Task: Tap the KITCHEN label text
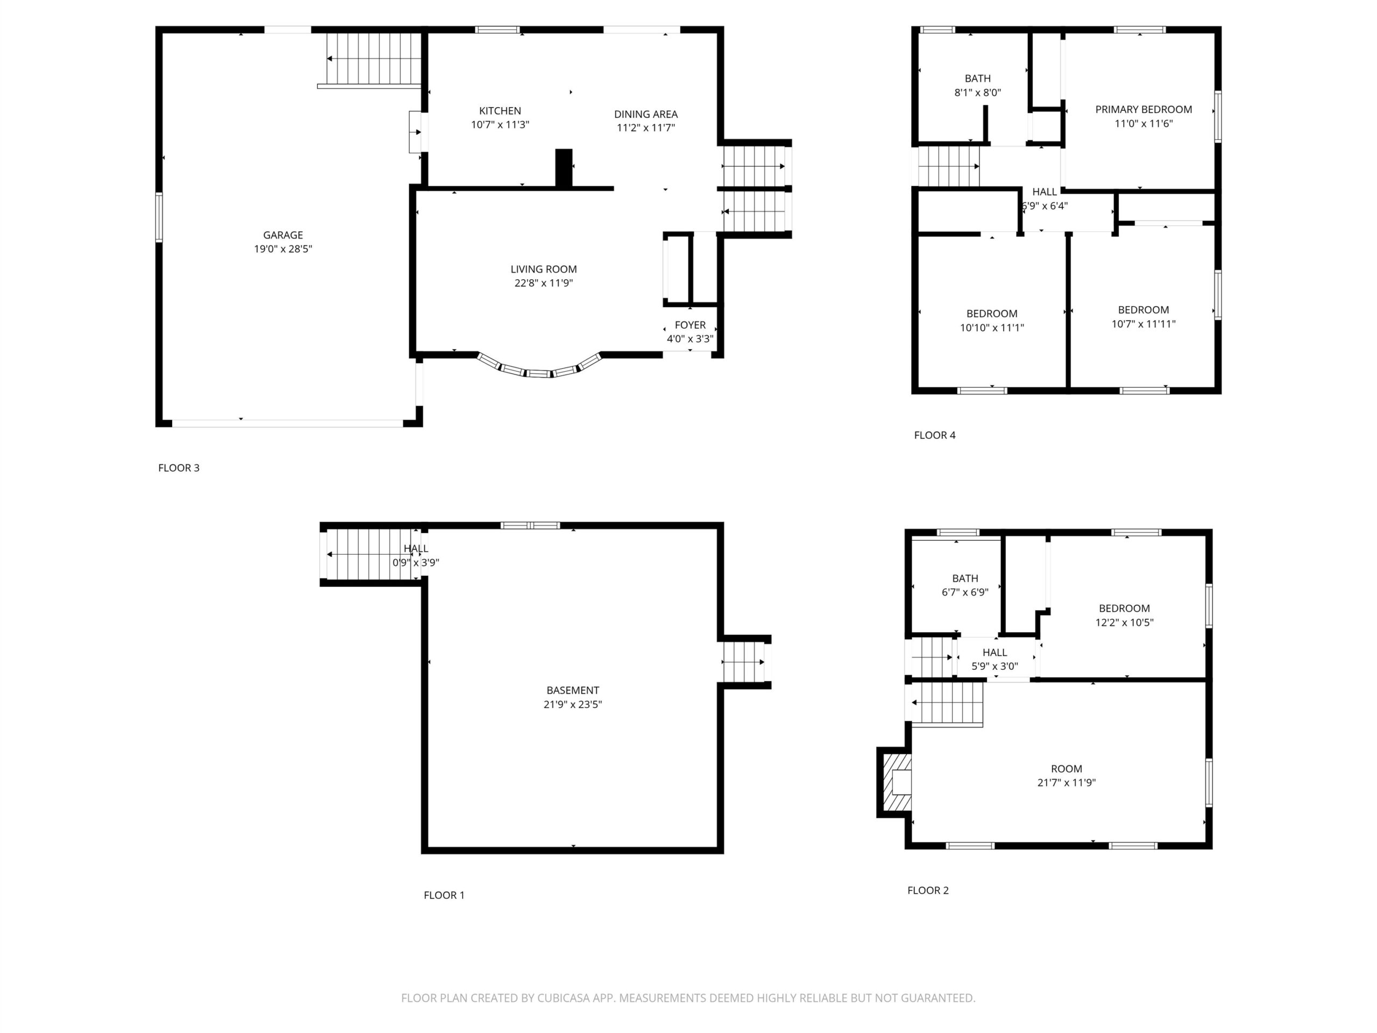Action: [500, 111]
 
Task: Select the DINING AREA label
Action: [645, 114]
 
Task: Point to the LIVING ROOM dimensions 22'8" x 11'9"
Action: [543, 282]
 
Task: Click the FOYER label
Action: [690, 325]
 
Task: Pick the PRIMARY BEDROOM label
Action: [1144, 110]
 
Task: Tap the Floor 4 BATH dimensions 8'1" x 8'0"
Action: [977, 93]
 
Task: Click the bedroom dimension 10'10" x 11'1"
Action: [992, 328]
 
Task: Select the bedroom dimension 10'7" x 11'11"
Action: [1144, 324]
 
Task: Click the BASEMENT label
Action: [573, 690]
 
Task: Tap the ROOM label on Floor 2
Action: [1066, 769]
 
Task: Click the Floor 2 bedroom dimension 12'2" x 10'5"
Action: [1124, 622]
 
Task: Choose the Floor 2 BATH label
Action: [965, 578]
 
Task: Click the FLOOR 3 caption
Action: [179, 468]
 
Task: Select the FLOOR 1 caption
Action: [444, 895]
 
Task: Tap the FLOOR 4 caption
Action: [934, 435]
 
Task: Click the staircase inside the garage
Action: [373, 59]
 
